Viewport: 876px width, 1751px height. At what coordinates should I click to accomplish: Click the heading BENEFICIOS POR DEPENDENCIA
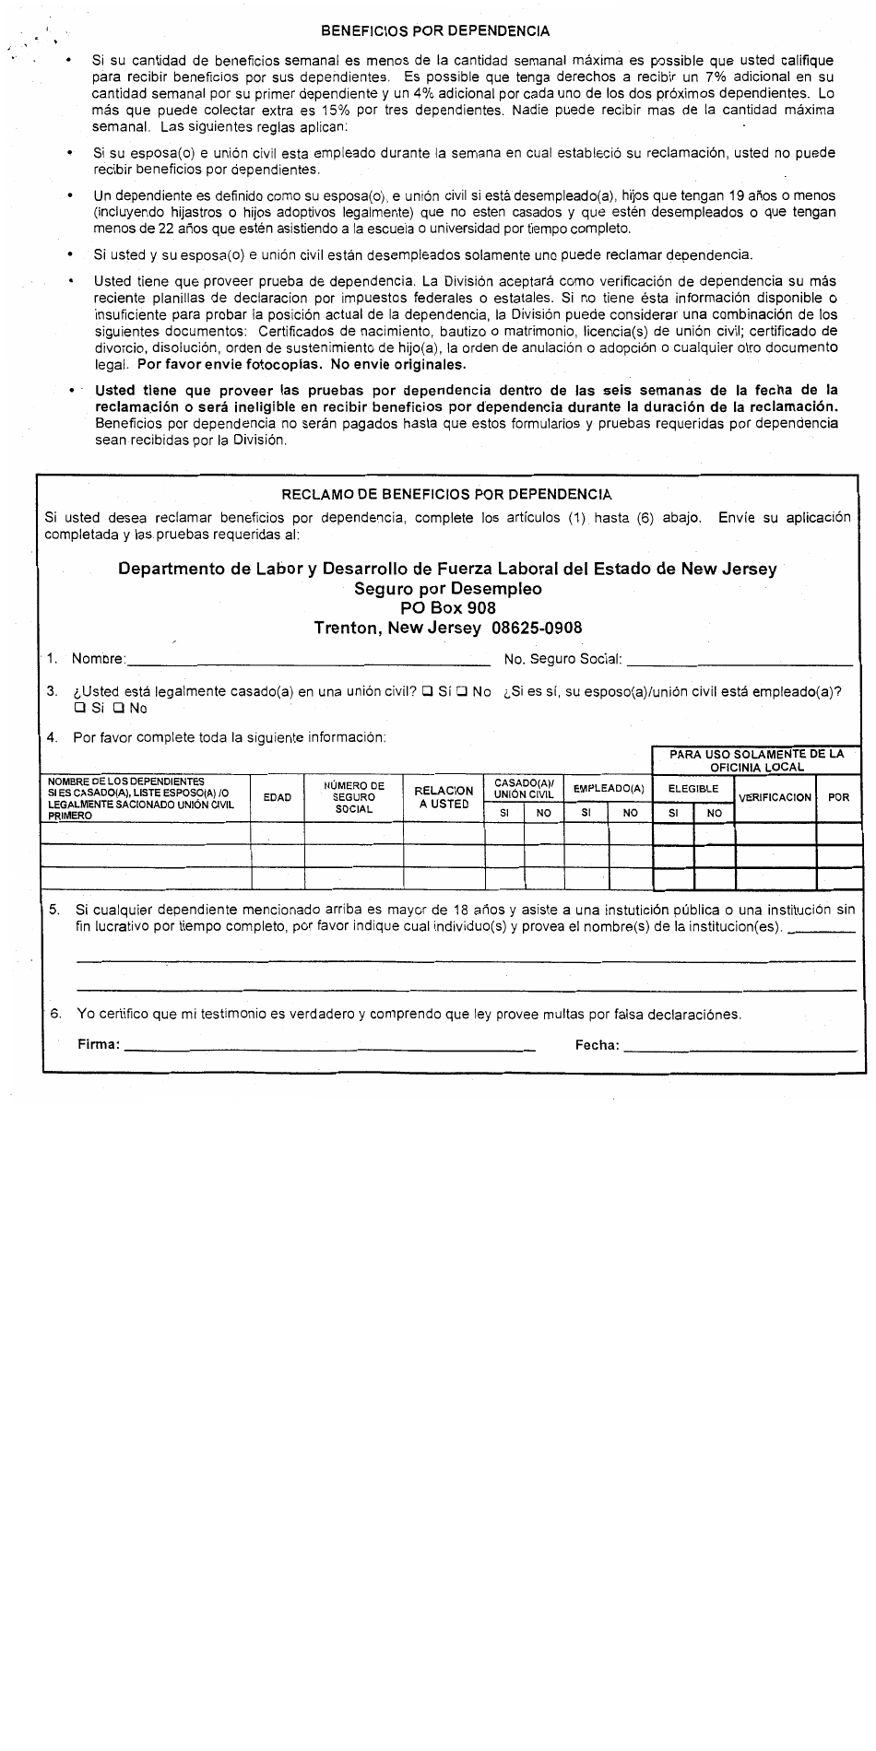pos(435,30)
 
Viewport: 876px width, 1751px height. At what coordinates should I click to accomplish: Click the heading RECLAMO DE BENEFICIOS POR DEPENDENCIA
pos(446,495)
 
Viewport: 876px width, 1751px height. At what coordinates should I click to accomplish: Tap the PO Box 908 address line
pos(447,608)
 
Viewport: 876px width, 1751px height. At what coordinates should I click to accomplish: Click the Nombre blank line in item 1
pos(309,659)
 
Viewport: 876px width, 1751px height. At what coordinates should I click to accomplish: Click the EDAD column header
pos(277,797)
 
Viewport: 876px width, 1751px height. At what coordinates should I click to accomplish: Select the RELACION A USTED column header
pos(444,797)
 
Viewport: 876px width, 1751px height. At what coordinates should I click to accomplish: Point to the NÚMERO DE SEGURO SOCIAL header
pos(353,797)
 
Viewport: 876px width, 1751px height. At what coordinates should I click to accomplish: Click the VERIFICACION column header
pos(775,797)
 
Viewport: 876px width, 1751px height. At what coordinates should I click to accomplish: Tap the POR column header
pos(838,797)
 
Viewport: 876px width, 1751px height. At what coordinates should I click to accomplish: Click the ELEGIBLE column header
pos(693,789)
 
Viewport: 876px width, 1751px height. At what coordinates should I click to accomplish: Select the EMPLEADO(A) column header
pos(608,789)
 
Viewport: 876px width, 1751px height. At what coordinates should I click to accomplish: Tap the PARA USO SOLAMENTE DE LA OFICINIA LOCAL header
pos(756,760)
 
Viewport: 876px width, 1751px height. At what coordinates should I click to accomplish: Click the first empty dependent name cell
pos(146,834)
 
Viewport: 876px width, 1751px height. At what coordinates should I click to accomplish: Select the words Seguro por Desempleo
pos(447,589)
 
